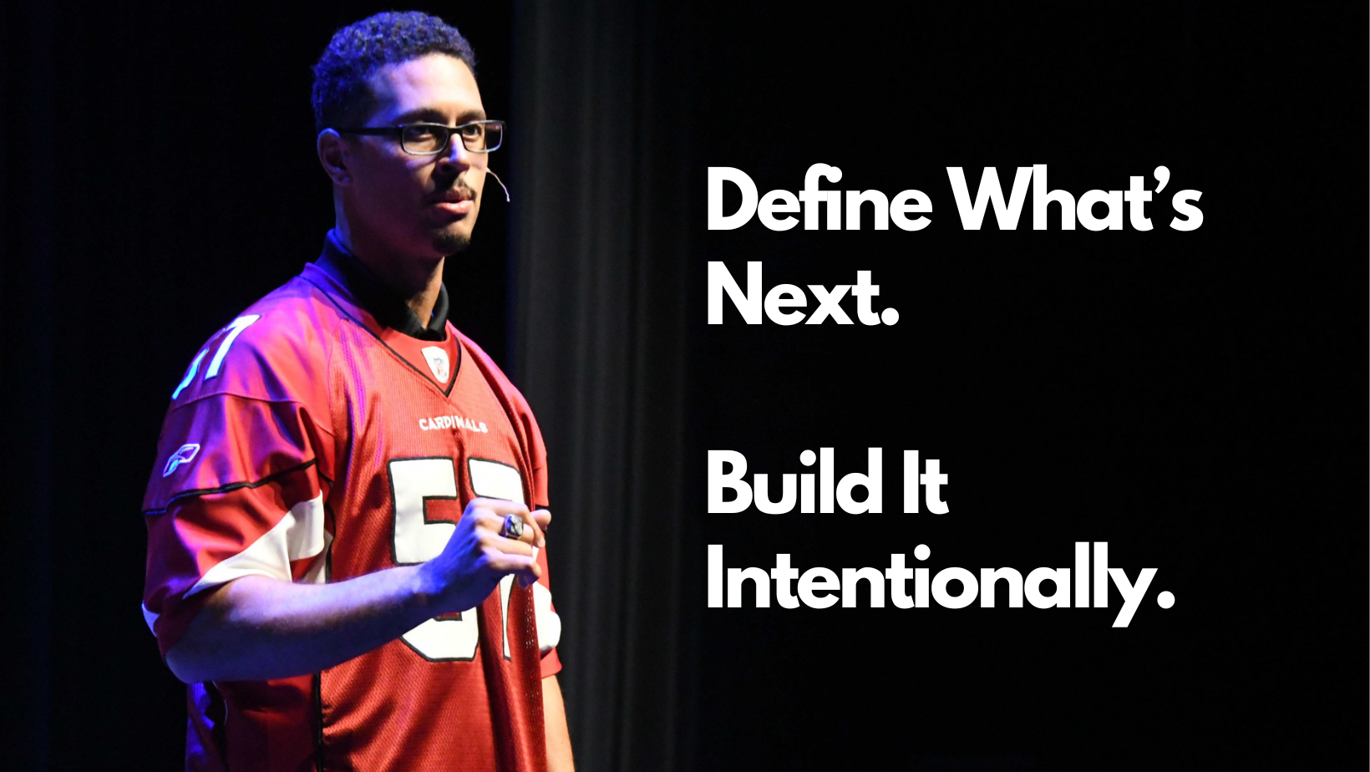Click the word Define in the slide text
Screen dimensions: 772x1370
point(818,201)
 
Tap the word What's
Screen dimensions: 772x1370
point(1078,201)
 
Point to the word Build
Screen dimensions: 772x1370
point(794,483)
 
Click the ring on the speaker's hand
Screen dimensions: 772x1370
point(512,526)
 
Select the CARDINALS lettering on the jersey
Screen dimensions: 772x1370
point(453,424)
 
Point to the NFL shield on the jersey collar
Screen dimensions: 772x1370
point(436,363)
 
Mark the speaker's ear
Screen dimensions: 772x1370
point(335,159)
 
